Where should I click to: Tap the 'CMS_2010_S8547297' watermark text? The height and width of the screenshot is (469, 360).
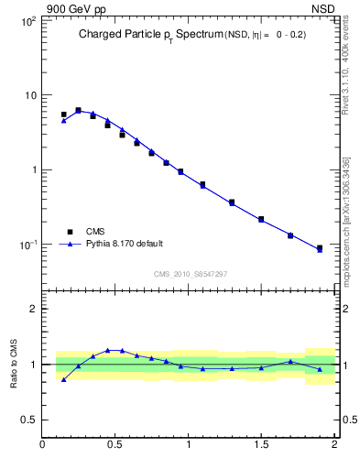click(x=190, y=274)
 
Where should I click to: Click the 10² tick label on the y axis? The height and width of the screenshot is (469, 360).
click(x=27, y=20)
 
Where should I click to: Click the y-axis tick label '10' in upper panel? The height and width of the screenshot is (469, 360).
click(x=29, y=95)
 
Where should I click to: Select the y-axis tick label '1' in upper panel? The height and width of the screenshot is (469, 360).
click(x=33, y=170)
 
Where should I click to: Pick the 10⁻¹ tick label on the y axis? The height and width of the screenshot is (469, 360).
click(x=27, y=245)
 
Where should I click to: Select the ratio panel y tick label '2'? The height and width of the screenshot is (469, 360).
click(x=33, y=310)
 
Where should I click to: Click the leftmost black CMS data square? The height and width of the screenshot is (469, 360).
click(x=63, y=115)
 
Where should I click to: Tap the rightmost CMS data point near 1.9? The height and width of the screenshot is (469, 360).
click(x=320, y=248)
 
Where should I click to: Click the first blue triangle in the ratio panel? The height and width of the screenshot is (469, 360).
click(x=63, y=379)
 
